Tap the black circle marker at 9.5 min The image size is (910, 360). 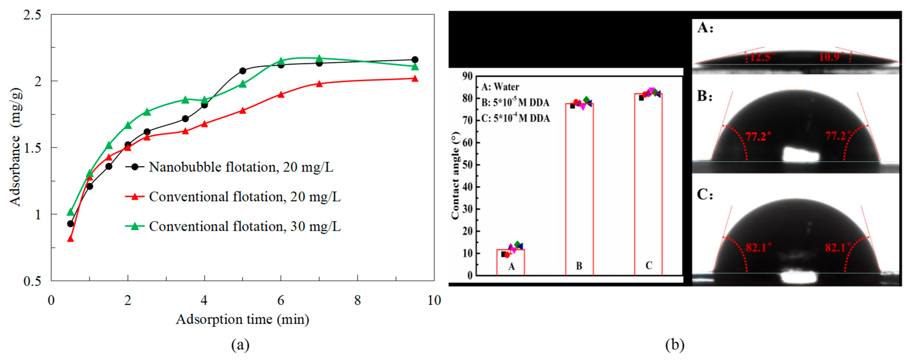point(415,60)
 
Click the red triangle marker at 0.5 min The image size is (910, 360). point(70,239)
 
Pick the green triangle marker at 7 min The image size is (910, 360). point(319,58)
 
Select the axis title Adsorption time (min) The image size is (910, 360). point(242,319)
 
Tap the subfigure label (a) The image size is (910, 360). point(240,344)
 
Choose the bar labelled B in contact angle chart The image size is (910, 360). point(579,189)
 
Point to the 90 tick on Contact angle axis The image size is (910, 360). point(467,76)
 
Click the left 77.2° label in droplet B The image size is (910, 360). point(758,136)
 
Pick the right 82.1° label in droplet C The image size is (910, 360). point(835,247)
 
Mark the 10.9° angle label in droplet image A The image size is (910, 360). point(831,57)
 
